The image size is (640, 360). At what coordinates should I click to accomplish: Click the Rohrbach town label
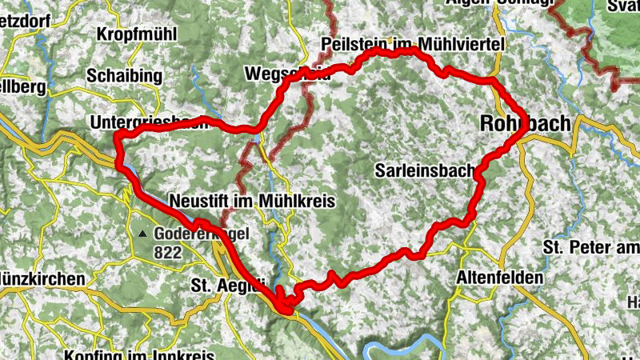click(525, 124)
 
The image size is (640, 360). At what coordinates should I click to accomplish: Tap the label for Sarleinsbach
click(425, 170)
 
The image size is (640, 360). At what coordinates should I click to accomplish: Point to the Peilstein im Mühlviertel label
click(412, 46)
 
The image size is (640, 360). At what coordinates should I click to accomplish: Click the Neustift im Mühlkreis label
click(252, 200)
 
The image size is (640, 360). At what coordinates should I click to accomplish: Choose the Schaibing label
click(125, 76)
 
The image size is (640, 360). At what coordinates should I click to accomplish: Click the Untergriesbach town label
click(152, 122)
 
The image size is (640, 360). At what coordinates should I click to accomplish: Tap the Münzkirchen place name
click(42, 279)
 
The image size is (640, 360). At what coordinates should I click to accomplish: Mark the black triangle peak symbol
click(142, 234)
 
